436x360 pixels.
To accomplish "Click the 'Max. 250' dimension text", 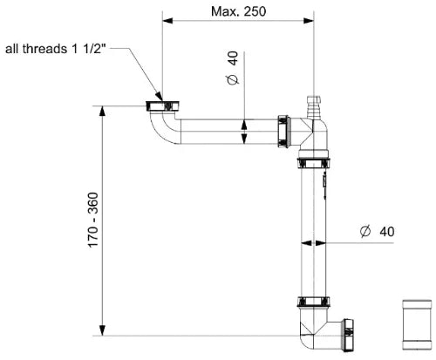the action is pos(238,11).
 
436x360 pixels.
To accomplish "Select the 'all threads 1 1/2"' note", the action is pos(55,49).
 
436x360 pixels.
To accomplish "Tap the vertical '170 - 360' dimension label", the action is pos(93,220).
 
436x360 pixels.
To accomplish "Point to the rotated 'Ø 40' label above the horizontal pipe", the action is pos(232,68).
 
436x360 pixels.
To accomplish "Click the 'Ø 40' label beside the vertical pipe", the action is pos(378,232).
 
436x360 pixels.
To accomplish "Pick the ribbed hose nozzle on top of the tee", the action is pos(314,107).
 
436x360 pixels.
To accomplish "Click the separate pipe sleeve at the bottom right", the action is pos(417,325).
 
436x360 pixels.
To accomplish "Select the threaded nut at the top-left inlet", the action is pos(162,105).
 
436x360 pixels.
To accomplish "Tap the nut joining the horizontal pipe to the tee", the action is pos(283,132).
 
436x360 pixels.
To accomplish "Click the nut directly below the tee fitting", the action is pos(314,163).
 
